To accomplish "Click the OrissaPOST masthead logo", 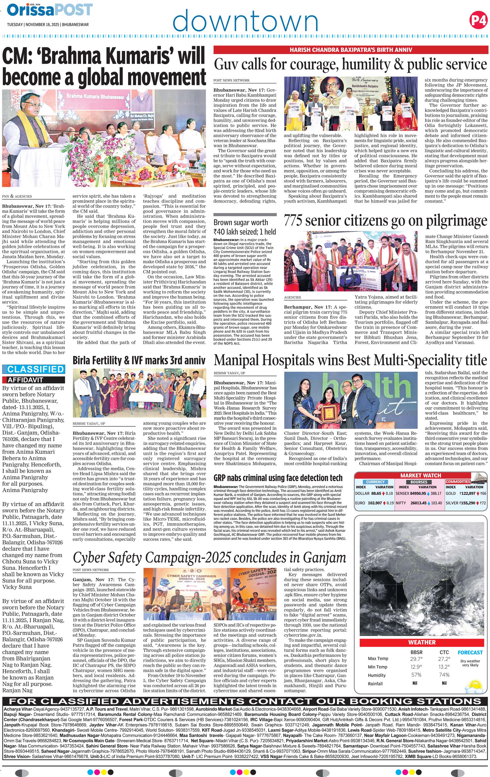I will coord(50,10).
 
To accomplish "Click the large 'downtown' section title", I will coord(245,21).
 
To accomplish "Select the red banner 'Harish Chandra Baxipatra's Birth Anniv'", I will coord(351,50).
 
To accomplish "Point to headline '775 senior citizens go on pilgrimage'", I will coord(385,221).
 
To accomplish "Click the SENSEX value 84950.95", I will coord(418,493).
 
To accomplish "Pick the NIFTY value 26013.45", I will coord(419,503).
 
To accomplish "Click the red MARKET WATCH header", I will coord(420,475).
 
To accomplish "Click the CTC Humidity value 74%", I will coord(444,675).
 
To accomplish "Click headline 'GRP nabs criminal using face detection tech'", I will coord(278,478).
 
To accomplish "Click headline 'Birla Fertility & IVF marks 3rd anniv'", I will coord(139,360).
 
